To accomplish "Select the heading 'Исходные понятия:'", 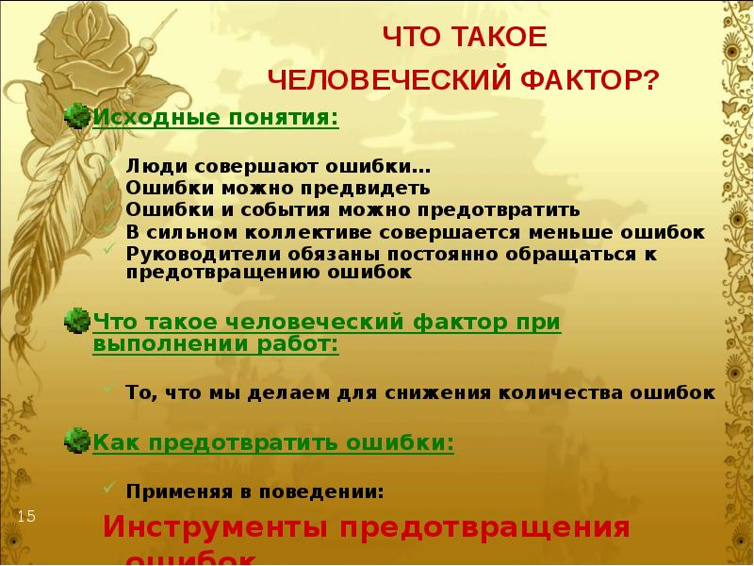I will point(215,119).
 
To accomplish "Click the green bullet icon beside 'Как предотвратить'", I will point(76,441).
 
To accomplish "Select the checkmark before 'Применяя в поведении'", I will point(110,491).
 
